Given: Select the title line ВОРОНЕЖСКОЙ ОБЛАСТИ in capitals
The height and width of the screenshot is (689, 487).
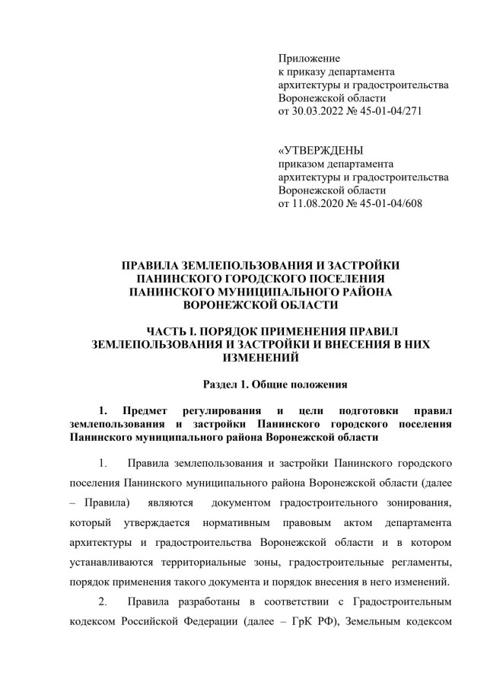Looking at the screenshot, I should click(x=261, y=305).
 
